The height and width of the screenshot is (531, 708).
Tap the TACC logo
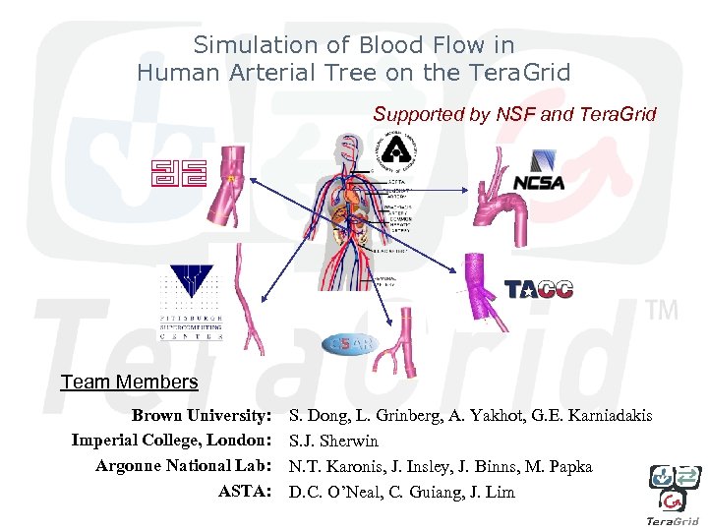click(x=538, y=289)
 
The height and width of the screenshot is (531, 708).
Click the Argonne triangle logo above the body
click(x=396, y=149)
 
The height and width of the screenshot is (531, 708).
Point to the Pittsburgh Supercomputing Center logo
click(x=191, y=302)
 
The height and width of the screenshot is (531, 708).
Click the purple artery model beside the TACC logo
click(x=478, y=285)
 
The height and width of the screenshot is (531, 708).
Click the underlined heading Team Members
click(x=129, y=382)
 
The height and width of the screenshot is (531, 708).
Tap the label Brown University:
click(x=202, y=416)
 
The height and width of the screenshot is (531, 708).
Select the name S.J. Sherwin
click(x=333, y=442)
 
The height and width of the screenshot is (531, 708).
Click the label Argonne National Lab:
click(x=183, y=466)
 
